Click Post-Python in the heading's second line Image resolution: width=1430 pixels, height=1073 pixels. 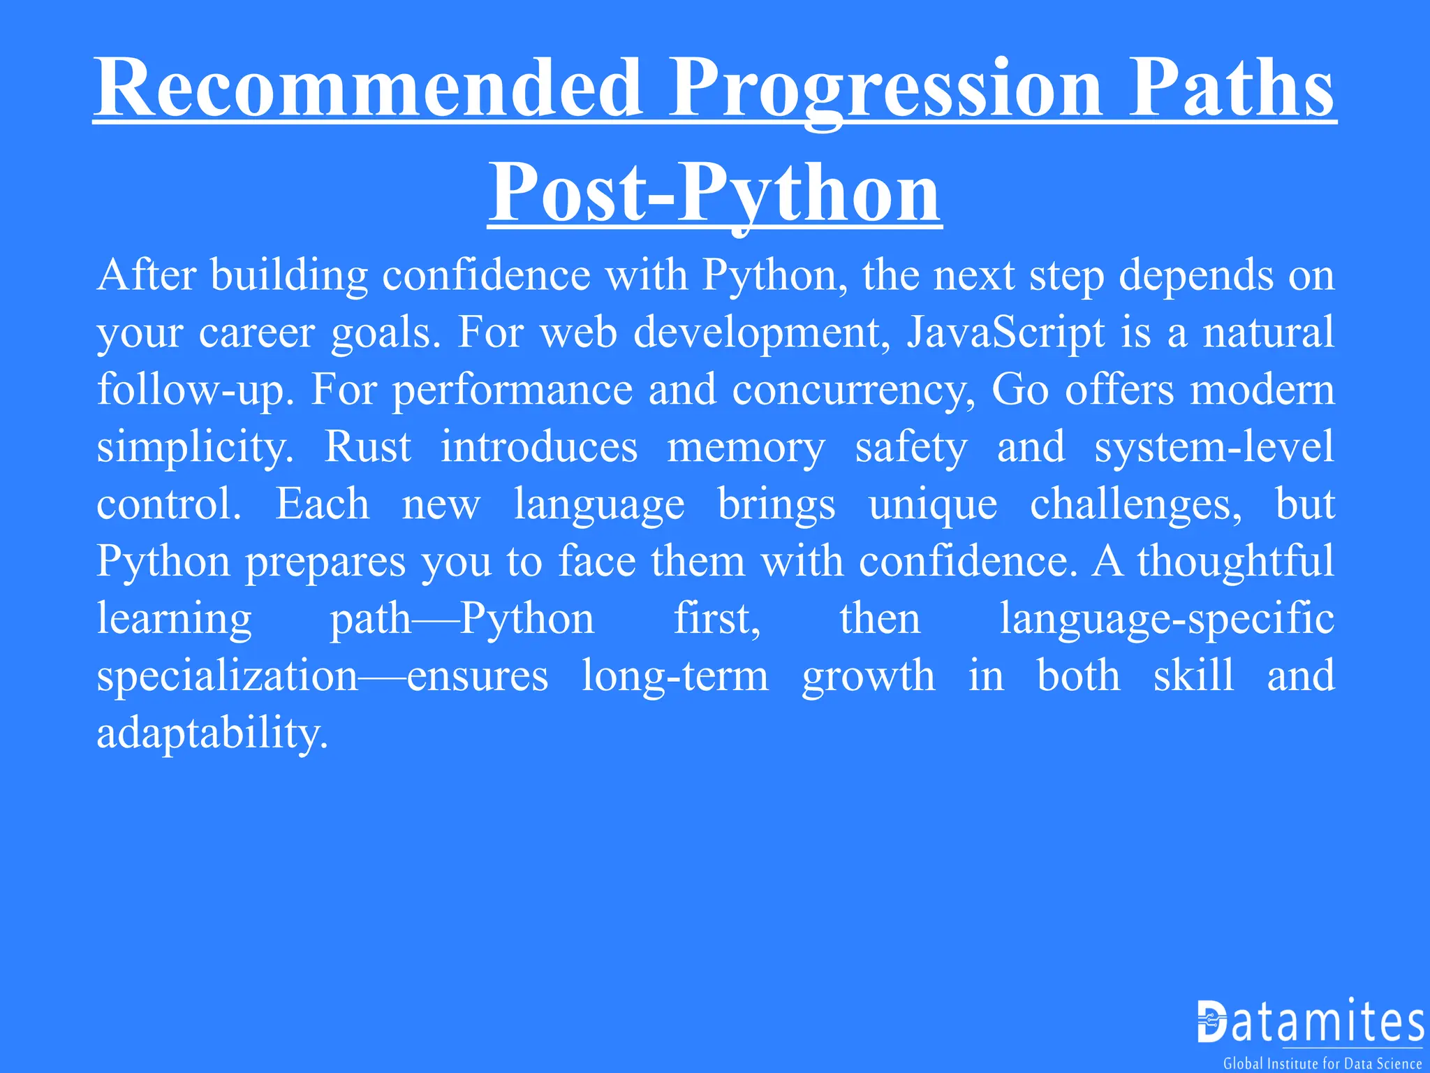[714, 193]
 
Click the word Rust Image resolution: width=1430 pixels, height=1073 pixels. [368, 447]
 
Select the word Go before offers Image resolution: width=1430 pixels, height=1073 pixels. [1019, 390]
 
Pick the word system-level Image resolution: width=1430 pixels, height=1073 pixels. [1214, 447]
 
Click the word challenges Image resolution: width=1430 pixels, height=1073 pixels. [1135, 505]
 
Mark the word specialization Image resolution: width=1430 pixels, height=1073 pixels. [228, 676]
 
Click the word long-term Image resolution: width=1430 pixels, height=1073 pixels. [675, 676]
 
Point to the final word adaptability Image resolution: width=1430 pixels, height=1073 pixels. [212, 733]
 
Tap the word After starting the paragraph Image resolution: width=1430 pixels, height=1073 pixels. [147, 275]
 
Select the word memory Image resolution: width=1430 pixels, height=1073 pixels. [746, 448]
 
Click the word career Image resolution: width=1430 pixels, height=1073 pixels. [256, 333]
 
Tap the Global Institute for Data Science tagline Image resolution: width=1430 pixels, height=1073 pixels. [1322, 1063]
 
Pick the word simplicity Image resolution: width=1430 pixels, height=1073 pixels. [195, 448]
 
